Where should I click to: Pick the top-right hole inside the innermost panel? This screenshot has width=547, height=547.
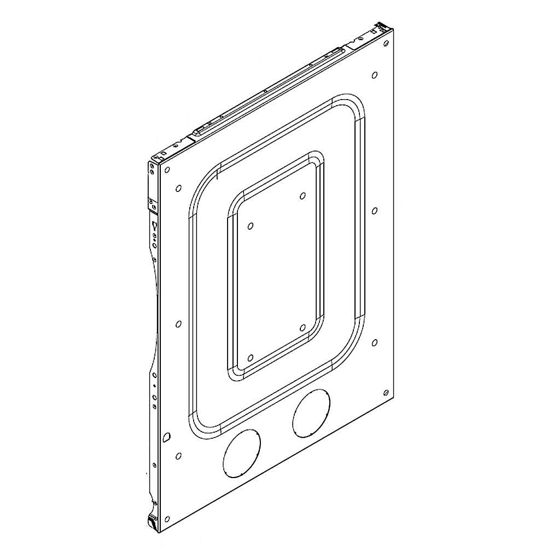(x=302, y=195)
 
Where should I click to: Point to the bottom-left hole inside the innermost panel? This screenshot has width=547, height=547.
(x=250, y=358)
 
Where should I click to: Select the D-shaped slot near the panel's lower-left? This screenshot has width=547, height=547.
(x=167, y=437)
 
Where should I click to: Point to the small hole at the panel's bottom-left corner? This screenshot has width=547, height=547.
(x=179, y=455)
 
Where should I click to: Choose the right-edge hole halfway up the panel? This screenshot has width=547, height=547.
(x=375, y=211)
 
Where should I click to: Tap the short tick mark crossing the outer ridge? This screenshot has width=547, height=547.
(x=218, y=176)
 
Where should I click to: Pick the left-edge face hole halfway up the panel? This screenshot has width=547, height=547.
(x=178, y=324)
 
